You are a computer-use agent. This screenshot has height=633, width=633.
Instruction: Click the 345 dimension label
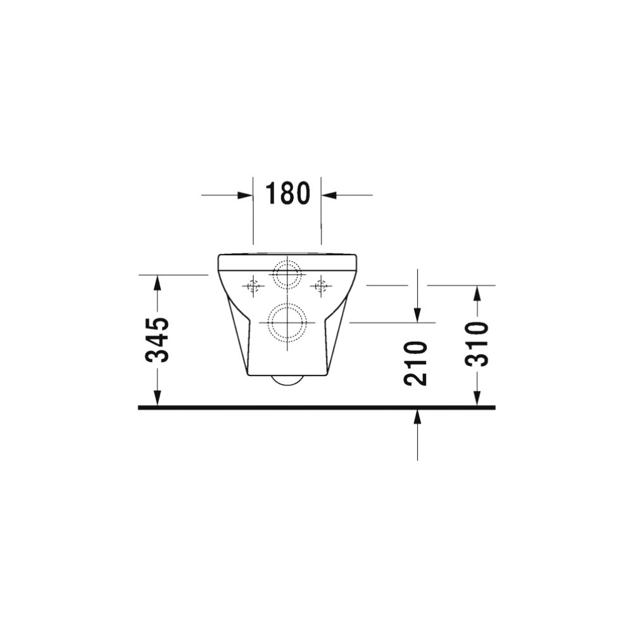point(157,340)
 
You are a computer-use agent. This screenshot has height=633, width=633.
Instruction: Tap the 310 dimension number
point(477,344)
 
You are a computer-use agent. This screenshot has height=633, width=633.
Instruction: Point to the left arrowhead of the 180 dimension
point(245,195)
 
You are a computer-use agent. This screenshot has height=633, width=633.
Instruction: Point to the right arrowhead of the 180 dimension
point(329,195)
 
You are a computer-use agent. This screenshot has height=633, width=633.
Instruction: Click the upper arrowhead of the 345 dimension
point(158,282)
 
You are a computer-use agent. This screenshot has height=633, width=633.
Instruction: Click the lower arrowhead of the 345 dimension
point(158,398)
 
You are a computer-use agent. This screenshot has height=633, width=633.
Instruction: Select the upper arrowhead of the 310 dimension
point(477,294)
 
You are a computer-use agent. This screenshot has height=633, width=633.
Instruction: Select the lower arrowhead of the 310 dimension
point(477,398)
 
